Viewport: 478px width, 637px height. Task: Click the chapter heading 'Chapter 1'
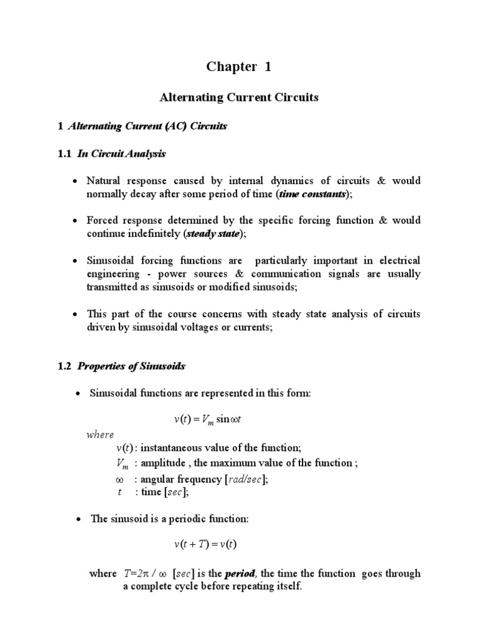[x=239, y=67]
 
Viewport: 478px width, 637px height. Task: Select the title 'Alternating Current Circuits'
[x=239, y=98]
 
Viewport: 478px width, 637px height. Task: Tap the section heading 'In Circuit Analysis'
[x=121, y=153]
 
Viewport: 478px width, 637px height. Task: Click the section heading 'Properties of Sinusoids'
[x=131, y=366]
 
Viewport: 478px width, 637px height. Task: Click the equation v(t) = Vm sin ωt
[x=207, y=420]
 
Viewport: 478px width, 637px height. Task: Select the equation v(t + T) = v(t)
[x=205, y=544]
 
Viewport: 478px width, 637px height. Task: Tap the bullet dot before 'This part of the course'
[x=75, y=314]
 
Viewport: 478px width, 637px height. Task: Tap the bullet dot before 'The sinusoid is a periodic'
[x=75, y=518]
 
